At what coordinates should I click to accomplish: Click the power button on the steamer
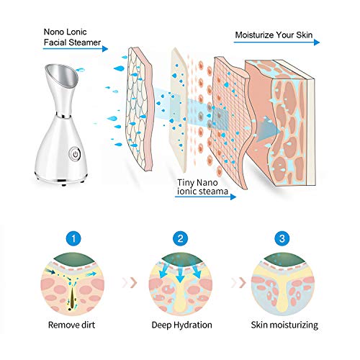point(75,153)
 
